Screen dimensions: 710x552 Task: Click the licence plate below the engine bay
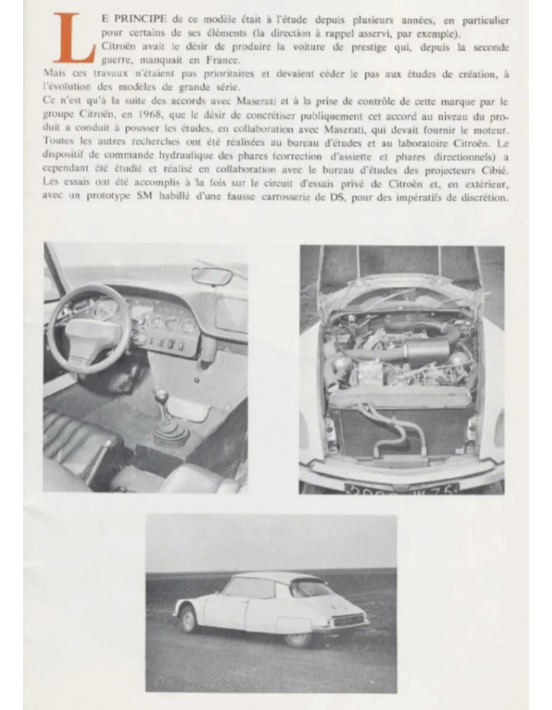pyautogui.click(x=401, y=489)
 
